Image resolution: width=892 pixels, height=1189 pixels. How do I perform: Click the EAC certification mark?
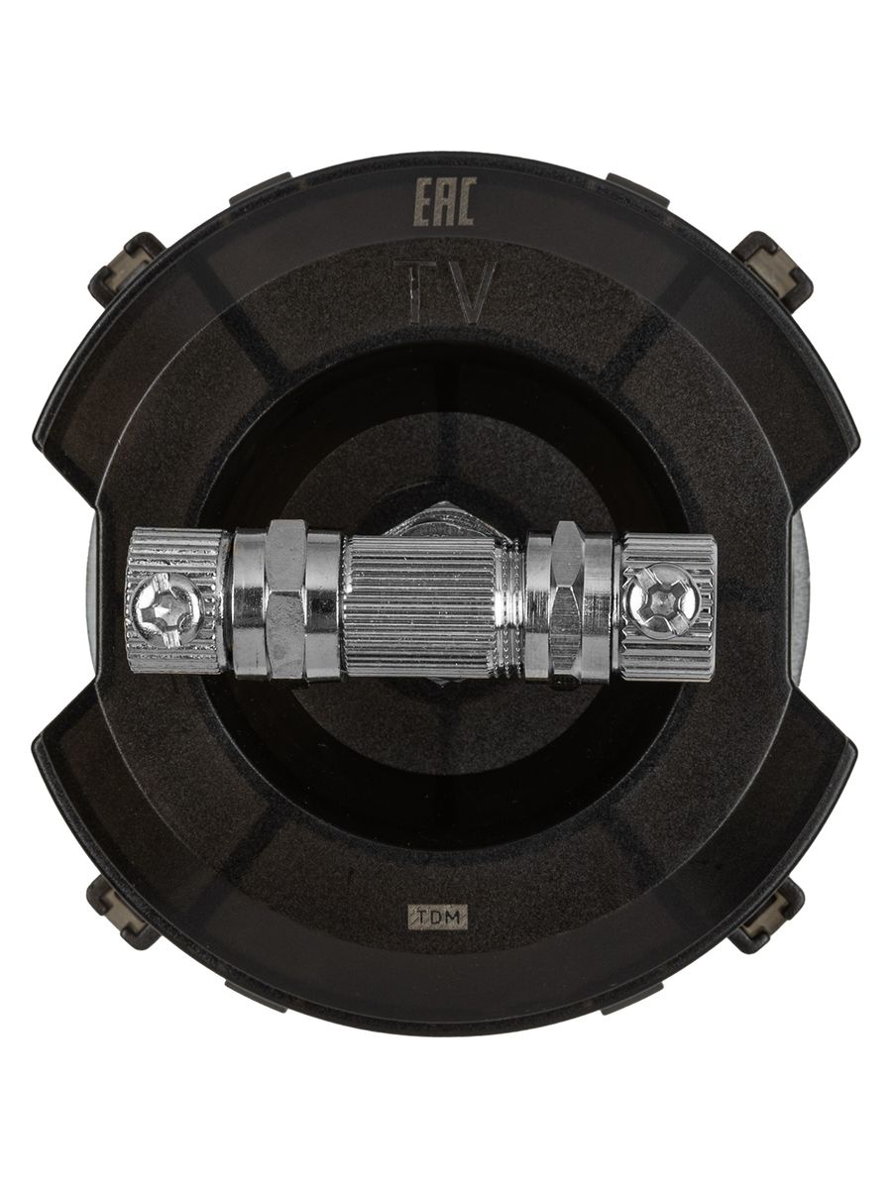point(445,201)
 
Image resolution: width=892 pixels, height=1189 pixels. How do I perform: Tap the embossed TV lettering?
point(445,292)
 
